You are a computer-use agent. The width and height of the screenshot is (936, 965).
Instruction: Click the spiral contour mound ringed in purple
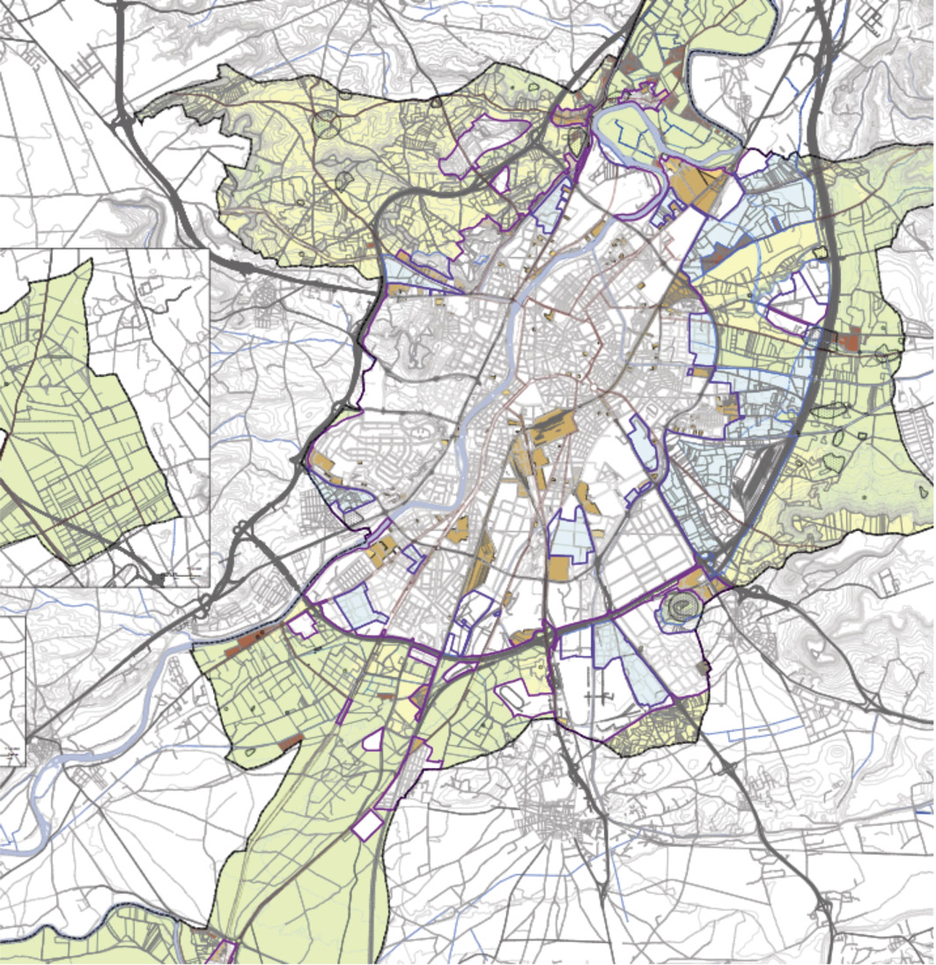679,608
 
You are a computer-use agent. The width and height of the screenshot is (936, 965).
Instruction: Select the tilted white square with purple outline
367,826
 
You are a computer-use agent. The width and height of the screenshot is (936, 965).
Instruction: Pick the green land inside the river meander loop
656,132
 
